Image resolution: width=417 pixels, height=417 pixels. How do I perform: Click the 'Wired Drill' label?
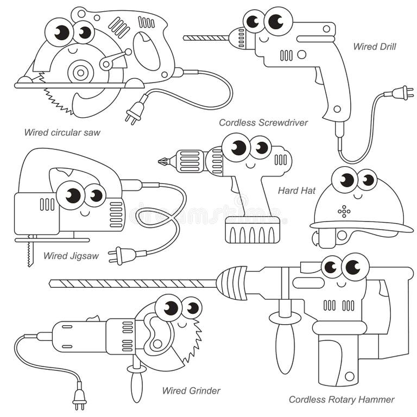(x=374, y=47)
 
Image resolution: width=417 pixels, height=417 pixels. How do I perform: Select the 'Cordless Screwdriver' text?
(x=263, y=123)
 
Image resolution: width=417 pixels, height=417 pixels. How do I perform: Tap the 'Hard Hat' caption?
(x=296, y=191)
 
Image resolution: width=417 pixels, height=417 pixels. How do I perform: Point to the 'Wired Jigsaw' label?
(x=71, y=256)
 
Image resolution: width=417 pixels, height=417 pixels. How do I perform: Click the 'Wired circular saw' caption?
(x=62, y=132)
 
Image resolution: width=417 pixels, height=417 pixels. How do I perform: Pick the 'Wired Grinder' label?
(x=191, y=390)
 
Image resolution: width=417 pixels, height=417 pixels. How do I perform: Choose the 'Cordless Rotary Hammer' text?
(x=342, y=400)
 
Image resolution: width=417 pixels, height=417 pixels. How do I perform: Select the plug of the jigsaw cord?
(x=118, y=255)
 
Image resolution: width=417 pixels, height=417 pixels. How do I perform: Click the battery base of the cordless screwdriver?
(x=252, y=231)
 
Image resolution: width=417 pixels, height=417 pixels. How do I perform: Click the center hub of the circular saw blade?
(x=81, y=71)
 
